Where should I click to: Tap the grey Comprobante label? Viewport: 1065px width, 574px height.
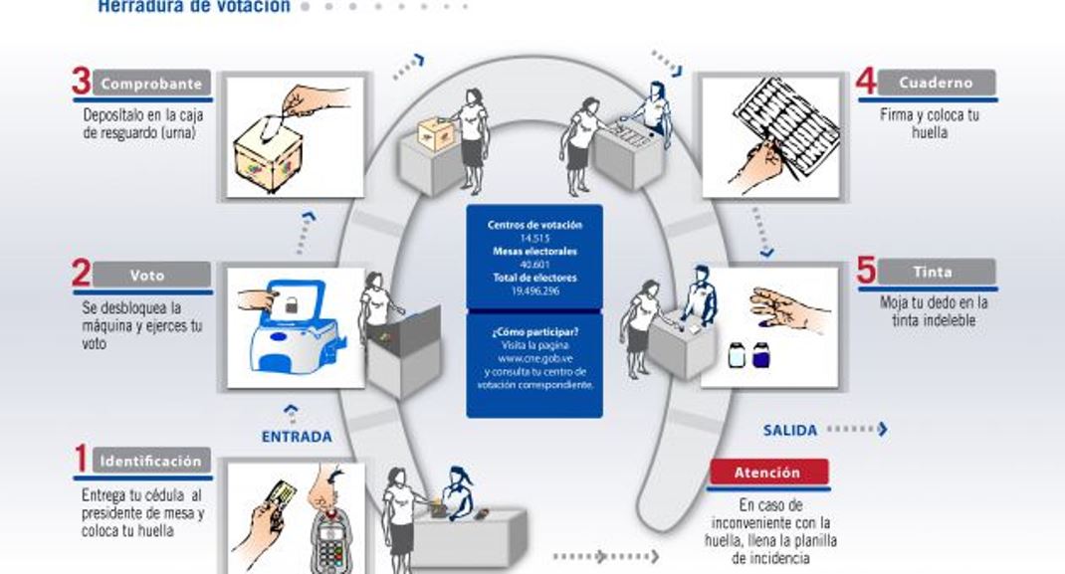coord(153,84)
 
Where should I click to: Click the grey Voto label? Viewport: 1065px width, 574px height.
coord(153,275)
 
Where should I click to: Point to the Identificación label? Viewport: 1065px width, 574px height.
coord(151,462)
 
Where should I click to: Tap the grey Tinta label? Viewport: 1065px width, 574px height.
coord(934,272)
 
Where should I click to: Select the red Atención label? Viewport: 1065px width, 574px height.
coord(767,473)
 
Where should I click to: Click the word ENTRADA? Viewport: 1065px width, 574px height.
coord(297,437)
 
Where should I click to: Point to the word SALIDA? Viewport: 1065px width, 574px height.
coord(790,431)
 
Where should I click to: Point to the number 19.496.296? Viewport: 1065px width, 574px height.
coord(534,289)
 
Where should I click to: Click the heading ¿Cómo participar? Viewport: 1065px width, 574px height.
coord(534,330)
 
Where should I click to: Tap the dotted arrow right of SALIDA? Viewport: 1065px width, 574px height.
coord(857,430)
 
